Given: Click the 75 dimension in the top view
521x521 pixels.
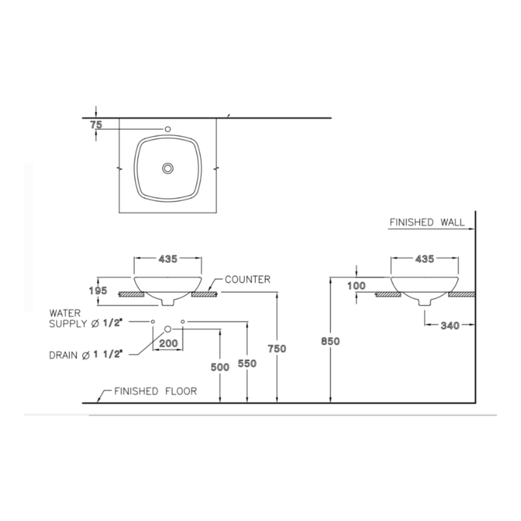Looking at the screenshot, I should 96,124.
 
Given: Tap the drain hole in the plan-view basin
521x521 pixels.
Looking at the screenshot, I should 168,168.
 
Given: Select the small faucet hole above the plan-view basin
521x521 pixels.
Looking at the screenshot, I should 168,129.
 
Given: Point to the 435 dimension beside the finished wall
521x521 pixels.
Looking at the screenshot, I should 424,259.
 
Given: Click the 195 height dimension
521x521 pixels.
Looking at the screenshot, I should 99,291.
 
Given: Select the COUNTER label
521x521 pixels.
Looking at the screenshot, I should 247,280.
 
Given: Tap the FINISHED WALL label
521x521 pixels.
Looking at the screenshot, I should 427,222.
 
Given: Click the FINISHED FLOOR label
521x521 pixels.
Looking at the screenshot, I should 155,391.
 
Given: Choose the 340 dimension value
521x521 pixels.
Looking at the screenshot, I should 450,326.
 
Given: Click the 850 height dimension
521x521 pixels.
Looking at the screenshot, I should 330,342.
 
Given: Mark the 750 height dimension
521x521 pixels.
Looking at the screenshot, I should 277,348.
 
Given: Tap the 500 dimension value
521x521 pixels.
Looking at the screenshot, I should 220,366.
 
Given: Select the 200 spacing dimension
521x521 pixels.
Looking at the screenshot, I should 168,343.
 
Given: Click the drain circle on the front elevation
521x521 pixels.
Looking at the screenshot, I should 168,329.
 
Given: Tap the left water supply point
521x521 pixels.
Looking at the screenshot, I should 153,321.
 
